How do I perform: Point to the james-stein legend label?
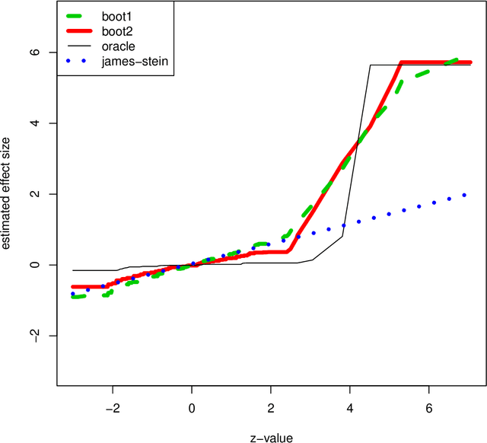(x=137, y=62)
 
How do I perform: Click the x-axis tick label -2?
(x=110, y=408)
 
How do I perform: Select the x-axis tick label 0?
(x=192, y=408)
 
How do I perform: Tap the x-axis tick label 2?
(x=271, y=408)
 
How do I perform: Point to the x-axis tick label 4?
(x=350, y=408)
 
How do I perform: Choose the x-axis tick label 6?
(x=429, y=408)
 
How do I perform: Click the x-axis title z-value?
(x=271, y=436)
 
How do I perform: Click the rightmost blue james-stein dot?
(x=464, y=195)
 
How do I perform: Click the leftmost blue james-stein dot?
(x=73, y=294)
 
